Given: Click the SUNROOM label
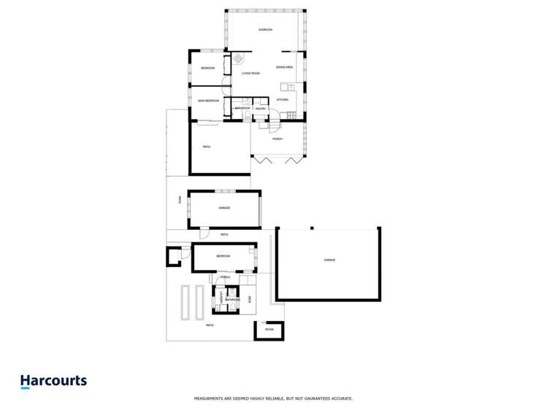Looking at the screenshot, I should (x=265, y=30).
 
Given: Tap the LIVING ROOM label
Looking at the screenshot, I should (x=250, y=73).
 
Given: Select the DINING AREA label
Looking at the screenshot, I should (x=284, y=67).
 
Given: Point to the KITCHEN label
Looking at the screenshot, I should (x=282, y=99).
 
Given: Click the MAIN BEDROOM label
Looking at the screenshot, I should (x=208, y=101).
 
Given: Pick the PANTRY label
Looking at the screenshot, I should (x=260, y=109).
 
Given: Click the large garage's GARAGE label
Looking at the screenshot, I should (x=329, y=260).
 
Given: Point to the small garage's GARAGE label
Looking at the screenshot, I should (x=224, y=208).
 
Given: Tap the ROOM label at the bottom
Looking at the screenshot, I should (x=269, y=330).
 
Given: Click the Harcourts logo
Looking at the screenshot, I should (x=53, y=381).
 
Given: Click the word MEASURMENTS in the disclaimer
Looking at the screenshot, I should (x=211, y=398).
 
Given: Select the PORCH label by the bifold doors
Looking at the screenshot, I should (x=277, y=139).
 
